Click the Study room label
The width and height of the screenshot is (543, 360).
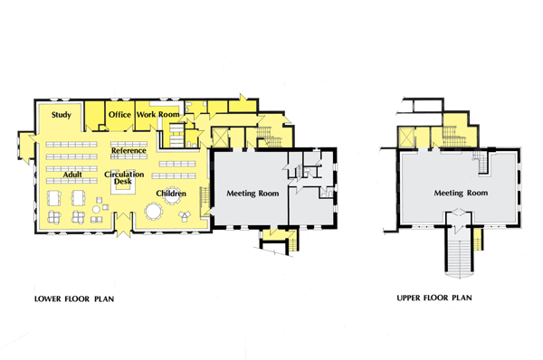click(62, 115)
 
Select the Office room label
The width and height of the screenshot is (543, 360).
click(119, 115)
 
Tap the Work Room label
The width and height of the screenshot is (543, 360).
click(158, 115)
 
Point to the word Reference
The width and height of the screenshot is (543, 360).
click(129, 150)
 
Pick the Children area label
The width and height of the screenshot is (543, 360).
click(171, 193)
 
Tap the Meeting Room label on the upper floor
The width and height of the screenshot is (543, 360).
click(461, 193)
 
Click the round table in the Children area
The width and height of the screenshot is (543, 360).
click(155, 213)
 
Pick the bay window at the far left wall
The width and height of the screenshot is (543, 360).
click(21, 142)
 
